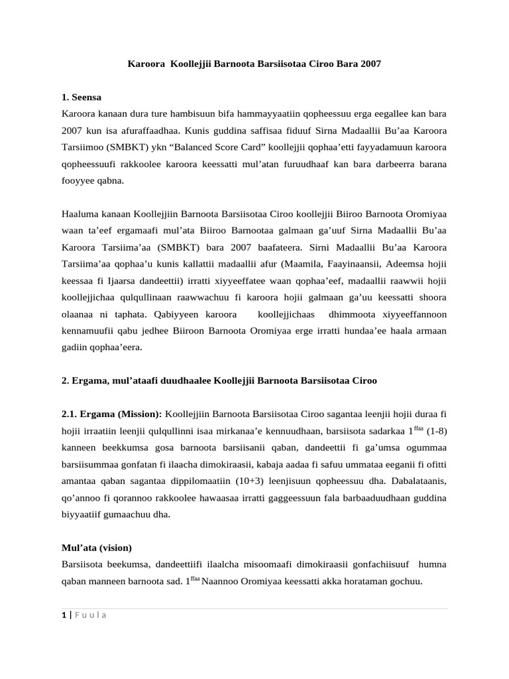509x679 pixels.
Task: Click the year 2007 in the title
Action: click(x=370, y=65)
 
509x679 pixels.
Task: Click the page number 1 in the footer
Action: click(x=62, y=615)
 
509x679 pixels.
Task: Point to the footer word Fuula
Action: click(x=89, y=615)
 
